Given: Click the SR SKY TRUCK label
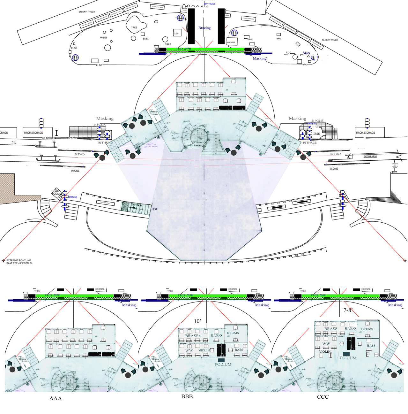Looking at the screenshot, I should tap(87, 12).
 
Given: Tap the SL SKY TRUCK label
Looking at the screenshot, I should tap(330, 40).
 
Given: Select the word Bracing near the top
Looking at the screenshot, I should tap(204, 28).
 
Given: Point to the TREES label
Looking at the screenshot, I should tap(104, 38).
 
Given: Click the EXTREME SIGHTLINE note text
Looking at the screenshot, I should tap(19, 262).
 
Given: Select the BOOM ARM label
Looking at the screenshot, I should tap(370, 157).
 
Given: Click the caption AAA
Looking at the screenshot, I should tap(56, 398).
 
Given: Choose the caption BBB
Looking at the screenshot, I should tap(187, 396).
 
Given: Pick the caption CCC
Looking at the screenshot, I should tap(323, 397).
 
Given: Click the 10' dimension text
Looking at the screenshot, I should tap(197, 321).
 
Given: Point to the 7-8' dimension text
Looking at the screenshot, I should tap(348, 310).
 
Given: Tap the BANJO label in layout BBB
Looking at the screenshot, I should tap(216, 335).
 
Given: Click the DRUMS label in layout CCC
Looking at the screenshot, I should tap(367, 329).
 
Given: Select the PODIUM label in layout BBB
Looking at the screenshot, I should tap(223, 364).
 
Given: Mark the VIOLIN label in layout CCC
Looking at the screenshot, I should tap(325, 351).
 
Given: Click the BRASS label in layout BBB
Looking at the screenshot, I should tap(192, 336).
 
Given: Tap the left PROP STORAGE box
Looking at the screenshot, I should tap(33, 132).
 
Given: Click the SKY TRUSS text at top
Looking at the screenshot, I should tap(210, 4).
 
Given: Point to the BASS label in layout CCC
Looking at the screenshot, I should tap(371, 346).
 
